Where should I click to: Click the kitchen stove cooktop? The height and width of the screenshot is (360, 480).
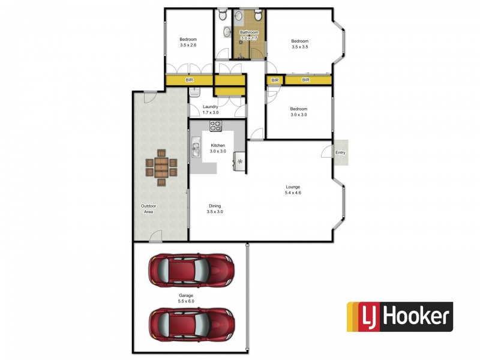[215, 125]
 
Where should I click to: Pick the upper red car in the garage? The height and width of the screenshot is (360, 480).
[191, 271]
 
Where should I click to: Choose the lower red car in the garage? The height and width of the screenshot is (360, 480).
[191, 325]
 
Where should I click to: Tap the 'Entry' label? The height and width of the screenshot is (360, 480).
[341, 152]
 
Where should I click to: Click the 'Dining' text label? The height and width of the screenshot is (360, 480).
[215, 205]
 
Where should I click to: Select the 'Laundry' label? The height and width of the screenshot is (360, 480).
[210, 107]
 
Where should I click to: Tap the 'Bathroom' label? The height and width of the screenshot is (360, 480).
[249, 32]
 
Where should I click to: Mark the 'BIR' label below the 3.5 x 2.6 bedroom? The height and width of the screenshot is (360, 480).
[190, 80]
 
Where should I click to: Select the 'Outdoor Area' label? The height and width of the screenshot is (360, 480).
[148, 209]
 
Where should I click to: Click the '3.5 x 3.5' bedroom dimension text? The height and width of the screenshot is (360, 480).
[299, 46]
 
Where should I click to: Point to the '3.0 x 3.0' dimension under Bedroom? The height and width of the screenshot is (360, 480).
[298, 115]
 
